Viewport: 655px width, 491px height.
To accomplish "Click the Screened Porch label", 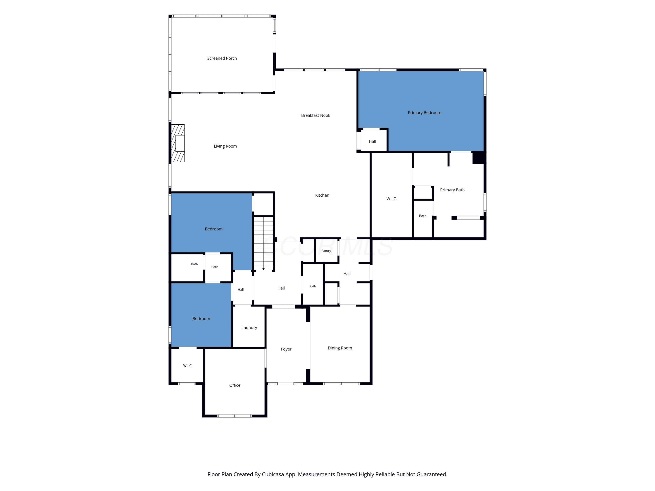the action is (x=222, y=58).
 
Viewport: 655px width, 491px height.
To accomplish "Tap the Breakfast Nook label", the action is (x=316, y=115).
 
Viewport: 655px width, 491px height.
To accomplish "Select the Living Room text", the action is (x=225, y=146).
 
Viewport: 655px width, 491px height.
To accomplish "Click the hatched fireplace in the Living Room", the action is (x=178, y=143).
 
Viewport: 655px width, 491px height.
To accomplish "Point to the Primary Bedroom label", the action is (x=424, y=113).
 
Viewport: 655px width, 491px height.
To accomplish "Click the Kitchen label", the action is (x=322, y=195).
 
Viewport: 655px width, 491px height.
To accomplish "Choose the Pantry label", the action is (x=326, y=251).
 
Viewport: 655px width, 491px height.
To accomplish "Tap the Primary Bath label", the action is (x=452, y=190).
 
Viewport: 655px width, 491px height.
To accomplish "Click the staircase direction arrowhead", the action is (x=264, y=269).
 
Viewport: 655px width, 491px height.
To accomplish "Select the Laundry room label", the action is (x=249, y=328).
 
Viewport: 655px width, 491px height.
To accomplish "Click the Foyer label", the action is (x=286, y=349).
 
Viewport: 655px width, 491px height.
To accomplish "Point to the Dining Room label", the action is (x=340, y=348).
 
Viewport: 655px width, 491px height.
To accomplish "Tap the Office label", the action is (x=235, y=385).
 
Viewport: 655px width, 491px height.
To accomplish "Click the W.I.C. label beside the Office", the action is (x=188, y=366).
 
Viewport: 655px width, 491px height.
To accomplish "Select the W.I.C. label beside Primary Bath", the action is (x=391, y=199).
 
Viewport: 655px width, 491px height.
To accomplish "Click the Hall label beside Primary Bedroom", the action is (x=372, y=141).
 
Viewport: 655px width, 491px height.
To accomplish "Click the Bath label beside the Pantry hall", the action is (x=313, y=287).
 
